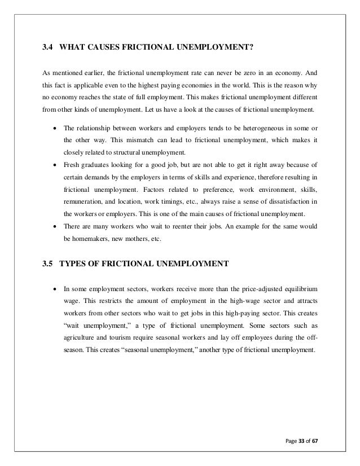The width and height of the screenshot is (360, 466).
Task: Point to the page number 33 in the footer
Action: click(303, 439)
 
